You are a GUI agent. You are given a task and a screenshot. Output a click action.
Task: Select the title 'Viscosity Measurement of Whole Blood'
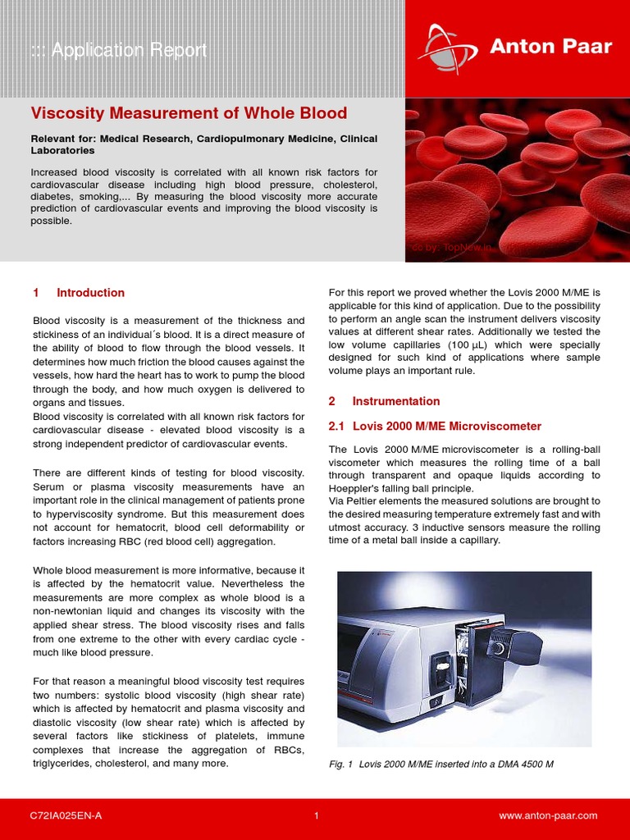(x=189, y=113)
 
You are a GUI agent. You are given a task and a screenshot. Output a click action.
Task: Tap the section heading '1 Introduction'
(x=79, y=293)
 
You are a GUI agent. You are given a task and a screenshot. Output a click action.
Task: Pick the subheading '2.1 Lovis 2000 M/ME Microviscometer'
(x=435, y=427)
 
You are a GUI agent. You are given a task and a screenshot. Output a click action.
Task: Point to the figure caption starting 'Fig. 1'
(x=441, y=765)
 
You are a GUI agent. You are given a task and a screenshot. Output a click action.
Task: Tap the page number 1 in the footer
(x=316, y=815)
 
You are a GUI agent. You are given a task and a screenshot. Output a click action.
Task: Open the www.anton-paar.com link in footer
(x=548, y=815)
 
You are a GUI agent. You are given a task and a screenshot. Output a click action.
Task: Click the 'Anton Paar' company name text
(x=550, y=47)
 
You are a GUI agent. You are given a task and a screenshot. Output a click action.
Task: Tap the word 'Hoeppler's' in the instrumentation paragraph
(x=356, y=489)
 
